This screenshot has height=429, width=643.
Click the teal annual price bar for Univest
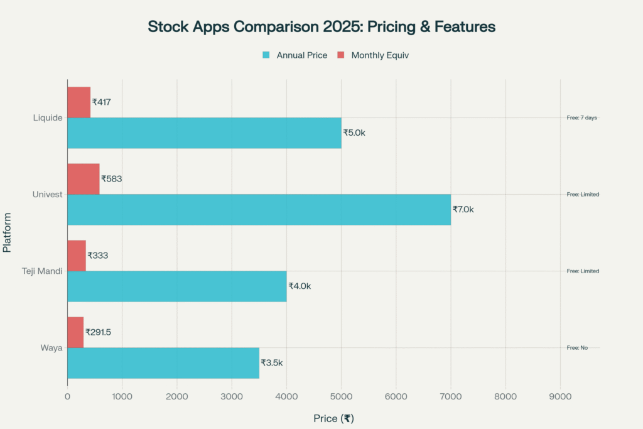click(x=259, y=210)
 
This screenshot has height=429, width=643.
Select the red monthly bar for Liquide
click(x=78, y=102)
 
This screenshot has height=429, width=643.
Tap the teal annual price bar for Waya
click(x=163, y=363)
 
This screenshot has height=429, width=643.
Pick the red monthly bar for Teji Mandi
click(x=76, y=256)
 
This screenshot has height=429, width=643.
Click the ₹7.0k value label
click(x=463, y=209)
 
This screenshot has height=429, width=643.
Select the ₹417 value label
click(x=101, y=102)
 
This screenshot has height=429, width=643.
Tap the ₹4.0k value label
click(x=300, y=286)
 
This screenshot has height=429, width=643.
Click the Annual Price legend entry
click(x=294, y=55)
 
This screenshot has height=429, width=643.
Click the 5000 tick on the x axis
click(x=341, y=396)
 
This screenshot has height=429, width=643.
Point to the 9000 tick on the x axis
click(x=560, y=396)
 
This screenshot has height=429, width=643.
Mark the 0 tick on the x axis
click(x=67, y=396)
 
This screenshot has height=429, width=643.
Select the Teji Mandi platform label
click(x=42, y=271)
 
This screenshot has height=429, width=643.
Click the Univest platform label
click(x=48, y=195)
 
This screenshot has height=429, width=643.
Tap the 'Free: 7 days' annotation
click(x=581, y=117)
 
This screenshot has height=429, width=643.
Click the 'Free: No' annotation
click(x=576, y=347)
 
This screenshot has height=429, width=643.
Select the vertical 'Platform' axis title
click(x=7, y=233)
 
